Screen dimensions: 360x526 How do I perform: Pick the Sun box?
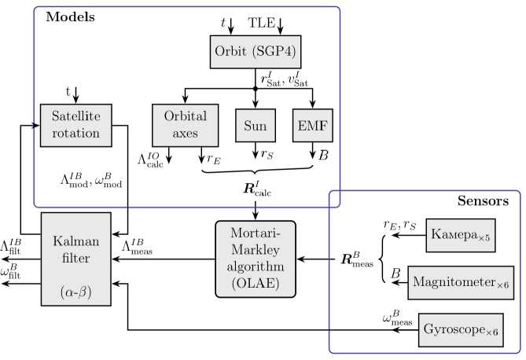pyautogui.click(x=254, y=124)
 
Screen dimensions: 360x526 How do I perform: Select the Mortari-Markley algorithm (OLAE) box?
pyautogui.click(x=255, y=257)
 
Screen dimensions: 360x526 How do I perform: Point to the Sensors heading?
pyautogui.click(x=483, y=201)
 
